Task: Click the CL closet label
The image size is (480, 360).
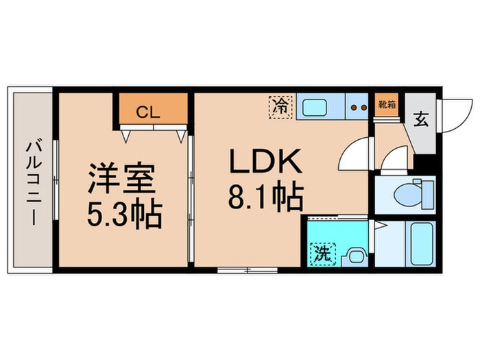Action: coord(147,113)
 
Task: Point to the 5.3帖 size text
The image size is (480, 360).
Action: coord(123,216)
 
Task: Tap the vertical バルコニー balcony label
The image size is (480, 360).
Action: coord(32,180)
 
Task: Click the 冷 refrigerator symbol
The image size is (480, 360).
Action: coord(280,106)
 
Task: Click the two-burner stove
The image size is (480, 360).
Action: coord(357,107)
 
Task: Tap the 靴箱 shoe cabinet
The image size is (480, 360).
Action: coord(387,105)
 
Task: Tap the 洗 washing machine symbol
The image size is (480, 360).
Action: coord(321,254)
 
